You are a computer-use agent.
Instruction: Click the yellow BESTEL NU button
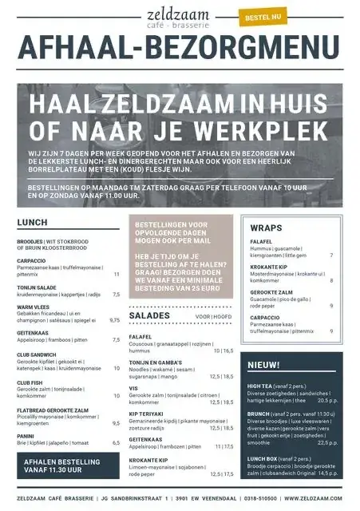(263, 15)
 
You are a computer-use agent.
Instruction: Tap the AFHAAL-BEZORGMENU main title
(180, 50)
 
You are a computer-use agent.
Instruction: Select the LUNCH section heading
(32, 223)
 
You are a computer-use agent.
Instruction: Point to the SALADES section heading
(149, 316)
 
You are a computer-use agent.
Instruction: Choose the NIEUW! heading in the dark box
(263, 365)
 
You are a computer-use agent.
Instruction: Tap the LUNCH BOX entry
(263, 458)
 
